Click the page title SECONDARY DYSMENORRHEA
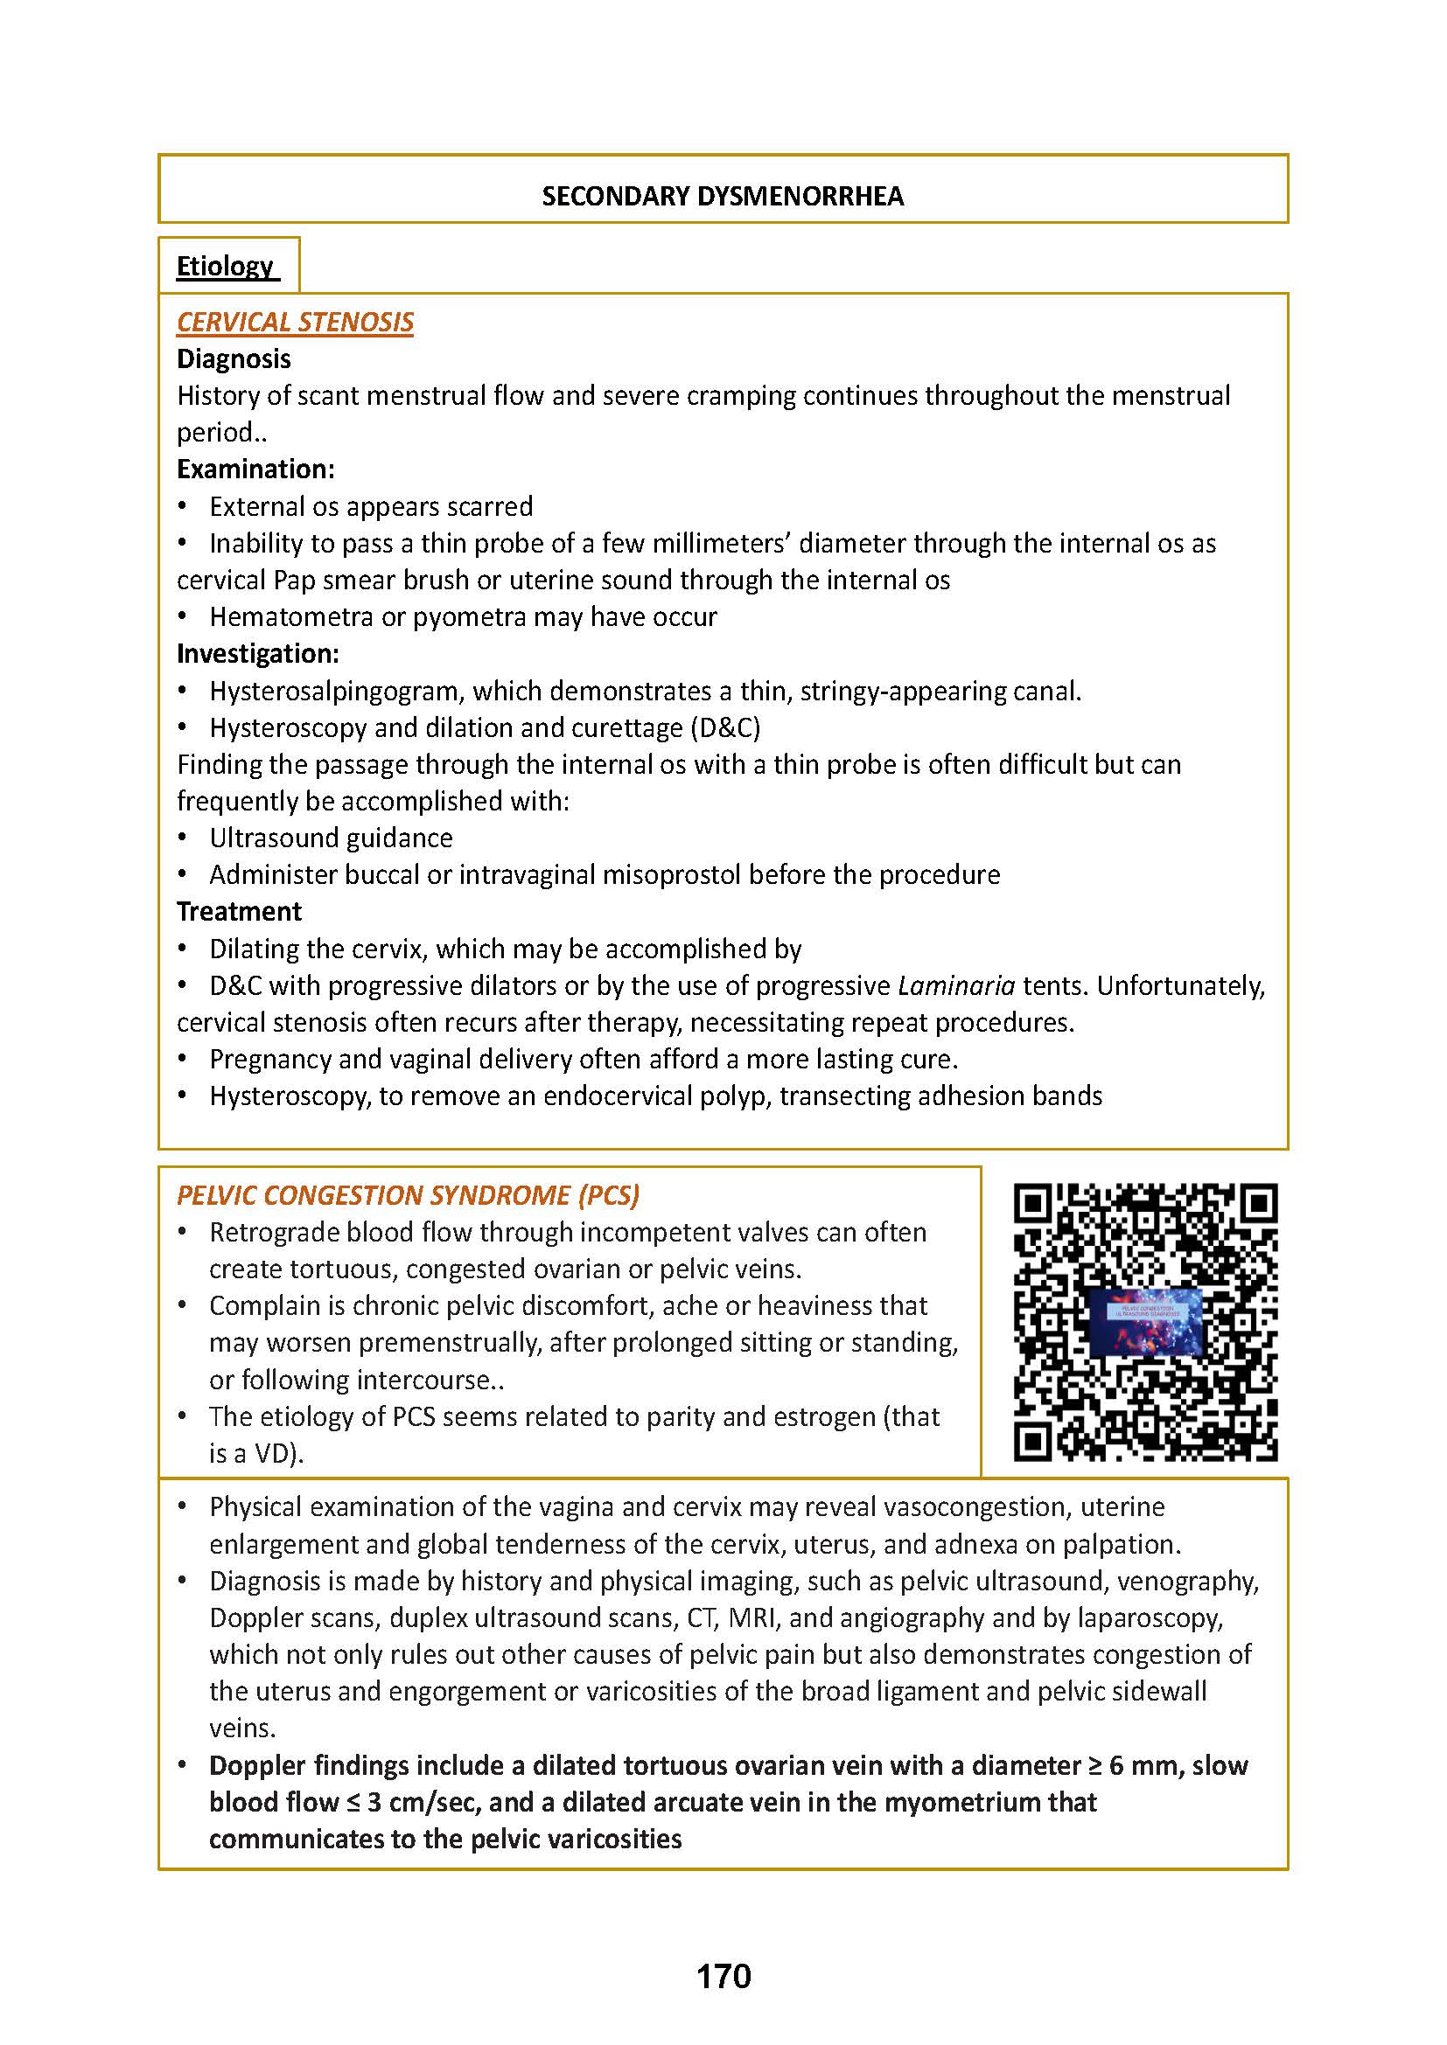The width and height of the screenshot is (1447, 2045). (x=723, y=196)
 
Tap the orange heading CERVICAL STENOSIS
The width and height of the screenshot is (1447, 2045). (x=295, y=322)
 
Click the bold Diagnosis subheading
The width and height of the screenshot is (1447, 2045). (x=234, y=359)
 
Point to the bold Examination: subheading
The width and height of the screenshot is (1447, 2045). (x=255, y=470)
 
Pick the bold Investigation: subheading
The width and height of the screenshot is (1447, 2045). (x=257, y=654)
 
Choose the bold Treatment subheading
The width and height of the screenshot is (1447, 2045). (x=239, y=911)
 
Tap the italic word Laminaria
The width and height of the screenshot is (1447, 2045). (x=956, y=986)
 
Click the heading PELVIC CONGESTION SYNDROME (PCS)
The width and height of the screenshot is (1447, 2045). (x=408, y=1195)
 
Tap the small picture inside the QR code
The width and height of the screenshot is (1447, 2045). (x=1145, y=1322)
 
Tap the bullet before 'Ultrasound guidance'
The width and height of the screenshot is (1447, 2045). (x=183, y=838)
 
